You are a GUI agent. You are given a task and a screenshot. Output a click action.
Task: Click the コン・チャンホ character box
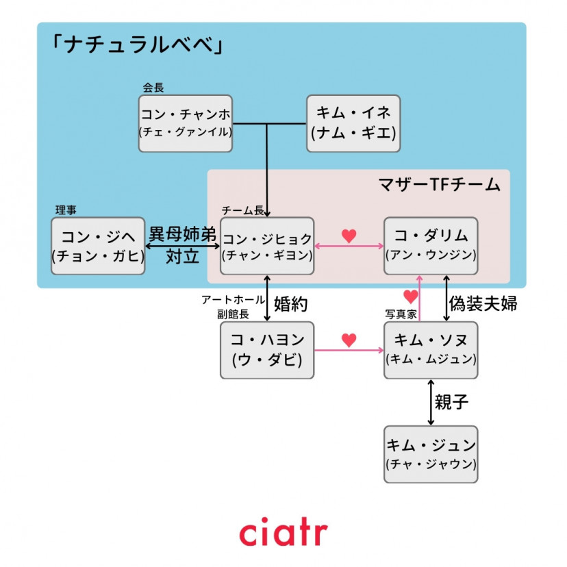point(185,123)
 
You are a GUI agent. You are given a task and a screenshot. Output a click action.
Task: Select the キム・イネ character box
point(353,123)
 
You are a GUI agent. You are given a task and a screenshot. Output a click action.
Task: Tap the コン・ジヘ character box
point(98,246)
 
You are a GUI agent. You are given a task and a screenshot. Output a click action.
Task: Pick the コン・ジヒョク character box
point(267,246)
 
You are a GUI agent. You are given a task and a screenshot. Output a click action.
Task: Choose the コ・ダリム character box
point(431,246)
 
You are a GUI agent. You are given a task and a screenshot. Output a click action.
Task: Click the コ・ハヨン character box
point(267,350)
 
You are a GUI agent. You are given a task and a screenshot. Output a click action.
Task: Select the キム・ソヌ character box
point(431,350)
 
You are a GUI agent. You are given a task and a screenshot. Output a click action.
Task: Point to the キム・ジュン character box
point(431,454)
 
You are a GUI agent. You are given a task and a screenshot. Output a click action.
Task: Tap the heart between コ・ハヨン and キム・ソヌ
point(349,340)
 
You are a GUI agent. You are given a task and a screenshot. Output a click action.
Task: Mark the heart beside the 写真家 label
point(410,297)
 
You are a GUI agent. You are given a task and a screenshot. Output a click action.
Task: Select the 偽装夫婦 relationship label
point(482,303)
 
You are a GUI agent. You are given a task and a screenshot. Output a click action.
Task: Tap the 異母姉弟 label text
point(183,234)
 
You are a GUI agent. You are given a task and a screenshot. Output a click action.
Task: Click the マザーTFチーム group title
point(439,184)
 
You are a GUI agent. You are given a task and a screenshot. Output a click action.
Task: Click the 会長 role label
point(153,88)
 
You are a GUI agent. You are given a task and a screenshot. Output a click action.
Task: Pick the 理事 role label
point(66,210)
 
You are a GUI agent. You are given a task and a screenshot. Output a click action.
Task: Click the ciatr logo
point(283,533)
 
